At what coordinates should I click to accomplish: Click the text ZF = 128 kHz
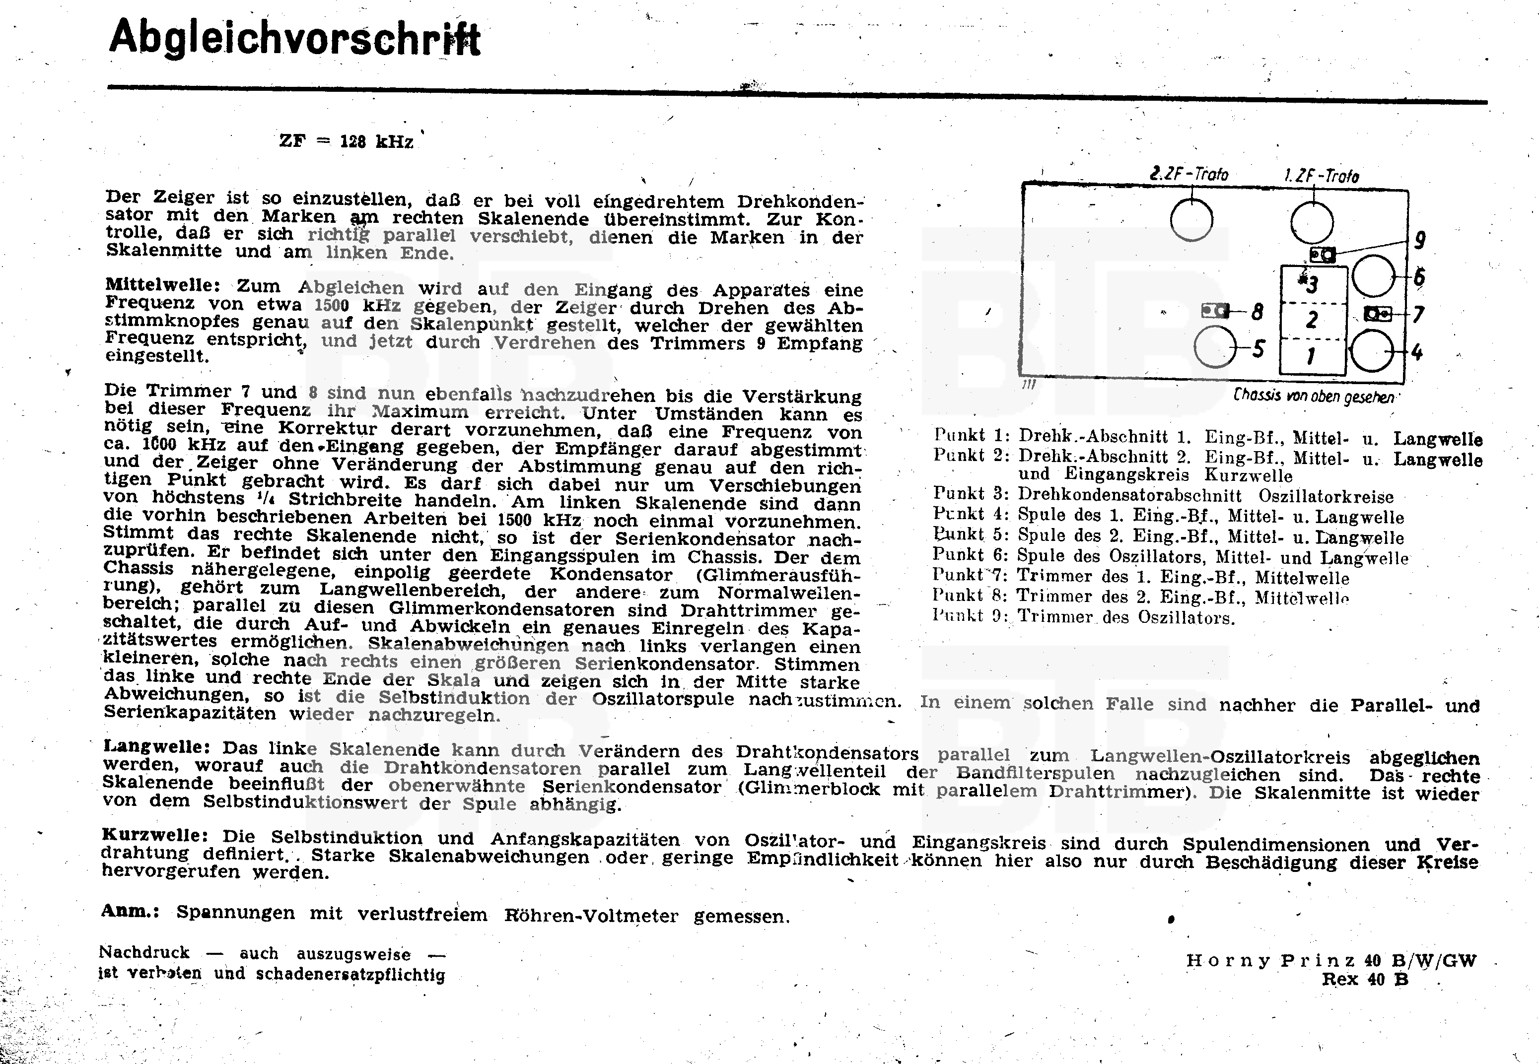pyautogui.click(x=346, y=141)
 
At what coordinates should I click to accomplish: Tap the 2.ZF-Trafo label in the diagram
pyautogui.click(x=1189, y=175)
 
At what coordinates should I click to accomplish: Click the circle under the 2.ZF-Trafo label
pyautogui.click(x=1191, y=221)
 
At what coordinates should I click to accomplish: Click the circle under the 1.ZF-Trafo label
pyautogui.click(x=1312, y=223)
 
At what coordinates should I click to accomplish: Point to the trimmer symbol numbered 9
pyautogui.click(x=1322, y=255)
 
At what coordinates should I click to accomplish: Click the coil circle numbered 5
pyautogui.click(x=1215, y=347)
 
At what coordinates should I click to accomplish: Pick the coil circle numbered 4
pyautogui.click(x=1372, y=351)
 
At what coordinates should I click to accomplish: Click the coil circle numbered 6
pyautogui.click(x=1374, y=276)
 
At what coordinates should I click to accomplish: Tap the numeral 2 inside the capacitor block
pyautogui.click(x=1312, y=320)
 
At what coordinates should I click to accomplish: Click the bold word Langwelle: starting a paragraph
pyautogui.click(x=157, y=747)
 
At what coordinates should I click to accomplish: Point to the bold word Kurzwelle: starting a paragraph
pyautogui.click(x=155, y=835)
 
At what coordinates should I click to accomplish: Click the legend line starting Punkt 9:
pyautogui.click(x=1084, y=617)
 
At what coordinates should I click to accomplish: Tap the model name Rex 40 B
pyautogui.click(x=1365, y=979)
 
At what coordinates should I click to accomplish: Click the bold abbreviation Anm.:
pyautogui.click(x=130, y=911)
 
